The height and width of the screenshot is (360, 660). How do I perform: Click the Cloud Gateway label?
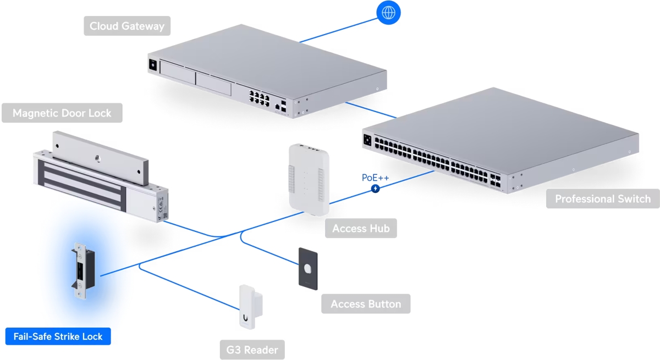point(127,26)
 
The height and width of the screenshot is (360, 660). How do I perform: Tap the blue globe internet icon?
point(388,12)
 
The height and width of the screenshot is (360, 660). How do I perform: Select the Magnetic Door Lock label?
point(62,113)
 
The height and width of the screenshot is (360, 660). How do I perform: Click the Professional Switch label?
point(602,198)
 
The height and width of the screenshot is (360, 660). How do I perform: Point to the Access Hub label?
point(361,228)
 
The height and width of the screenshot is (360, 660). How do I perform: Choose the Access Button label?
point(366,304)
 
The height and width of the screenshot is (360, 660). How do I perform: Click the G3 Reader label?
point(252,350)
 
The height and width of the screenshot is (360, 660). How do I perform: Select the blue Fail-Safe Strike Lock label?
point(58,336)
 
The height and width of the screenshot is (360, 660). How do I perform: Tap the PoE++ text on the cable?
point(375,178)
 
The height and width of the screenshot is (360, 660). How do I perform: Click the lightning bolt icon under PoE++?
point(376,189)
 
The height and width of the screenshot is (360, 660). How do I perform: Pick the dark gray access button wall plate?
point(309,268)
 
